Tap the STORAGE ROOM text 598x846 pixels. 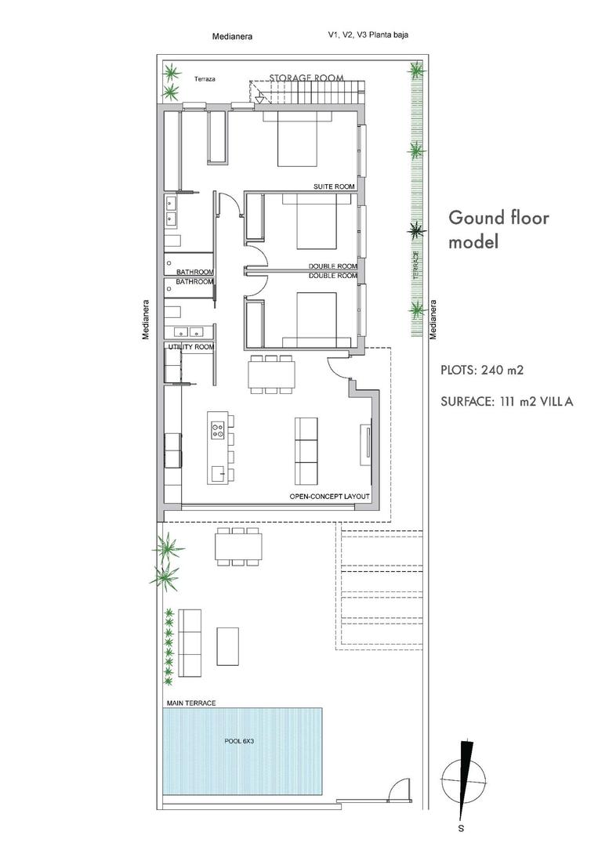[x=306, y=78]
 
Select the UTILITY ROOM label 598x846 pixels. [x=190, y=346]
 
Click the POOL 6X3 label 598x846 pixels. [x=241, y=739]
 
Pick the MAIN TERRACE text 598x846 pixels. [x=190, y=703]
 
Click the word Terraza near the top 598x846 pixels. [x=205, y=79]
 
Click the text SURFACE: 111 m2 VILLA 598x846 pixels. [x=507, y=402]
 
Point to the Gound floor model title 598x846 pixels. [x=498, y=230]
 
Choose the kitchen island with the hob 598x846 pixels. [x=220, y=447]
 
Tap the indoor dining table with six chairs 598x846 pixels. [x=271, y=374]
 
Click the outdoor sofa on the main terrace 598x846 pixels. [x=190, y=643]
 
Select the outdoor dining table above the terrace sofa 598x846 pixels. [x=237, y=546]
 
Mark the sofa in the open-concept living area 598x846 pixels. [x=306, y=450]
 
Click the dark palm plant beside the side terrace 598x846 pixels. [x=416, y=230]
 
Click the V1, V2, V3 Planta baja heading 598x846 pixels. [x=368, y=34]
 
